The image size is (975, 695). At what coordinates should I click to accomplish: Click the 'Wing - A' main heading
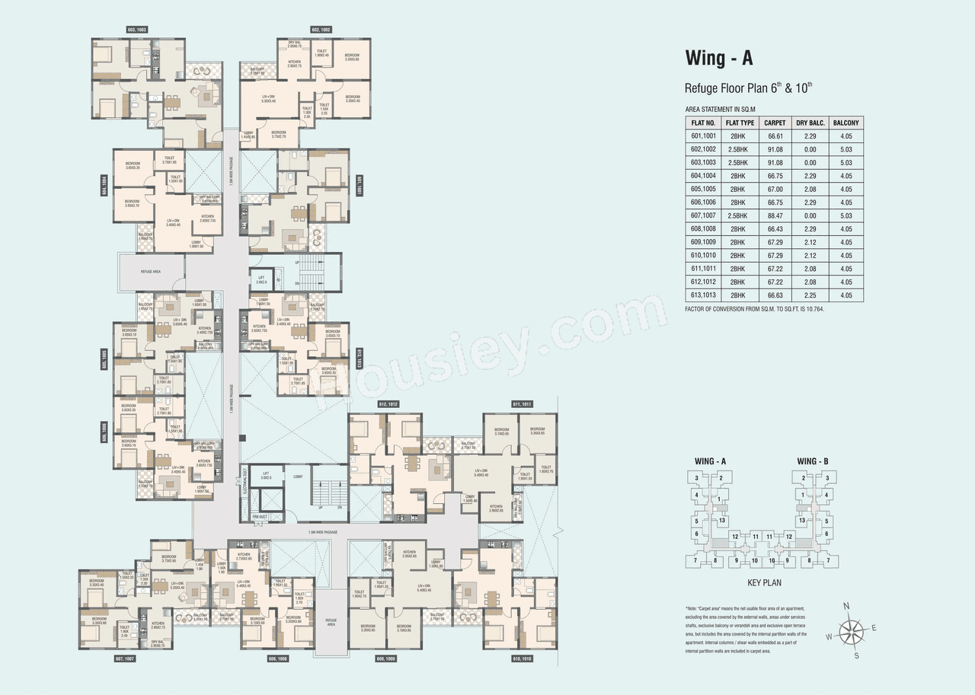[719, 59]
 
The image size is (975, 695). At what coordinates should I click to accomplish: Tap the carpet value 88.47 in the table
[775, 215]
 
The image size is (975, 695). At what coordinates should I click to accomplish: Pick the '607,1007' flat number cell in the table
[703, 215]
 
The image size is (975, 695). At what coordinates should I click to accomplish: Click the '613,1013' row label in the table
[703, 295]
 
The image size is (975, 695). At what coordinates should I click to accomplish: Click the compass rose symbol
[850, 630]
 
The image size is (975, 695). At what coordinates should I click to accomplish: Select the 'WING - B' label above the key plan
[813, 461]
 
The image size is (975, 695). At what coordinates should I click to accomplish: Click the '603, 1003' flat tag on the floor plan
[137, 29]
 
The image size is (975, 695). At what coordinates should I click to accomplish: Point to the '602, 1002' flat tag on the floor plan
[321, 29]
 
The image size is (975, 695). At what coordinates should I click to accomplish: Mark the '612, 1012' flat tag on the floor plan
[389, 403]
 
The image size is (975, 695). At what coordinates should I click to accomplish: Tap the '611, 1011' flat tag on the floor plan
[522, 403]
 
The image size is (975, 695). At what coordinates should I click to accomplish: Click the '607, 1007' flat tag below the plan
[125, 657]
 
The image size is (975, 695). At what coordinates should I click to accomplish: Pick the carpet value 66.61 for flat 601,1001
[775, 136]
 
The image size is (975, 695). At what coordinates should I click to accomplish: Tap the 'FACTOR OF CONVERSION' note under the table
[755, 309]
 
